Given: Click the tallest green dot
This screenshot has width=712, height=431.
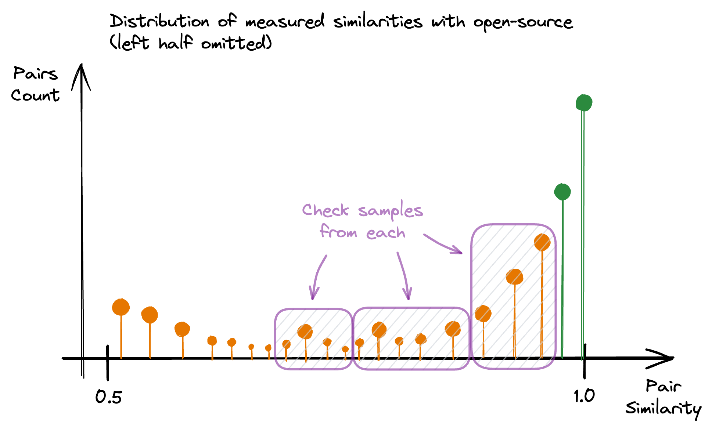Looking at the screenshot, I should click(x=584, y=102).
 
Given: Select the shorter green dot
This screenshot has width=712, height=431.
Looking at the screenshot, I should click(x=562, y=192).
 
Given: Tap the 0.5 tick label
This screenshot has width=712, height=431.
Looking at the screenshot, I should click(x=108, y=397).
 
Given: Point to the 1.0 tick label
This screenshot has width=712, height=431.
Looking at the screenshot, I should click(x=584, y=396).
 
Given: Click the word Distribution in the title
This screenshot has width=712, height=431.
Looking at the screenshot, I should click(x=159, y=21).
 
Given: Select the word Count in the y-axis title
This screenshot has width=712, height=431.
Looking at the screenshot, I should click(x=35, y=95).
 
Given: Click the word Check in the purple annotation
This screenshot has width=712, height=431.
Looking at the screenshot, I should click(x=325, y=210).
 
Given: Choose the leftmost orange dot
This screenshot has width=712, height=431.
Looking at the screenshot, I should click(x=121, y=307).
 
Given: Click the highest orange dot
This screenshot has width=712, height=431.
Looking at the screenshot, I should click(x=542, y=242).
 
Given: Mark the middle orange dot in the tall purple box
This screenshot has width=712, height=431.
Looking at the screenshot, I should click(x=514, y=276).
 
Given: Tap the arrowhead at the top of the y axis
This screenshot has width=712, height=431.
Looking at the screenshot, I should click(x=82, y=75).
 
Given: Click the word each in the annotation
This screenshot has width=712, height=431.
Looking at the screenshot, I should click(x=385, y=233).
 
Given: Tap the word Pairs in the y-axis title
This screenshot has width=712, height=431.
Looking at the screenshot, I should click(x=35, y=73).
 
